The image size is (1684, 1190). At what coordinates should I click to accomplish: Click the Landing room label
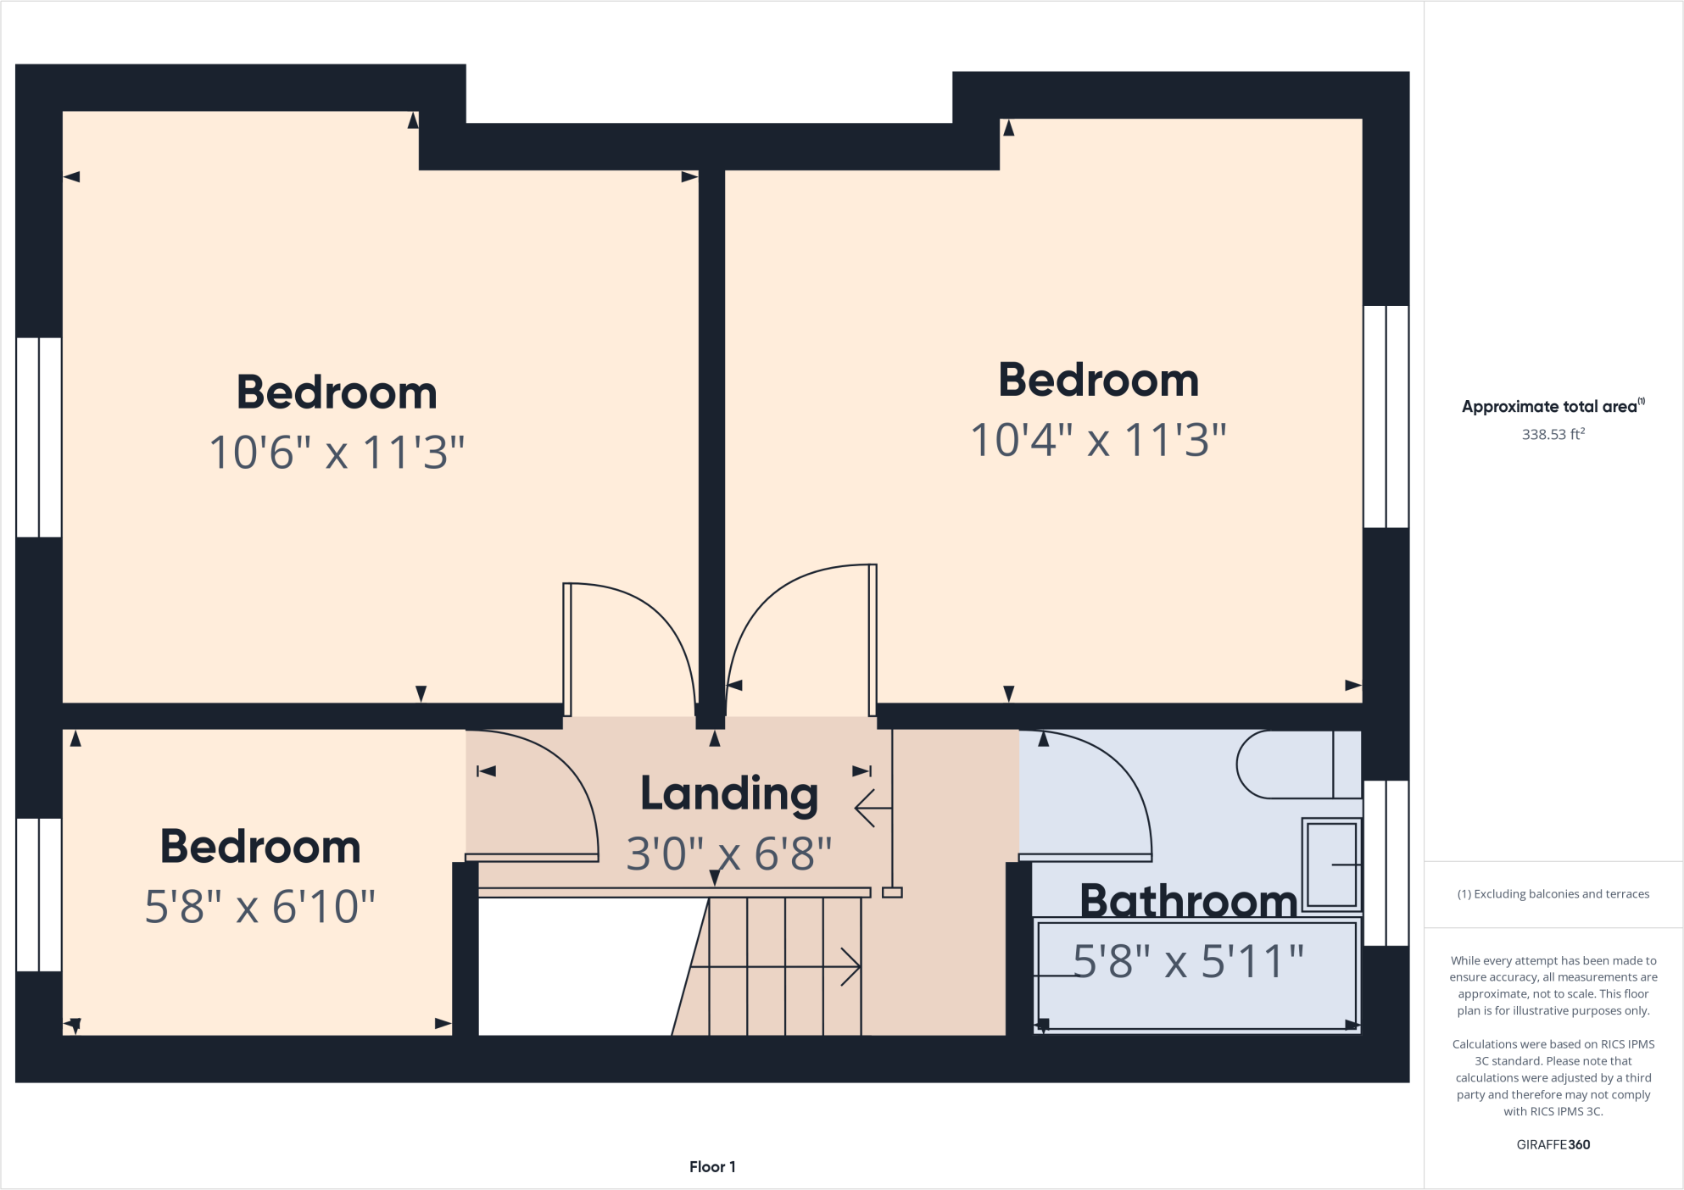(x=729, y=794)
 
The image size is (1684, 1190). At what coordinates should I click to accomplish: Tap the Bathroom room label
(x=1188, y=900)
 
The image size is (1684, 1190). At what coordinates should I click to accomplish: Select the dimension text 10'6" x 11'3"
(x=337, y=452)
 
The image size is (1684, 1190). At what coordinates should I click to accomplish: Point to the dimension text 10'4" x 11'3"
(x=1098, y=440)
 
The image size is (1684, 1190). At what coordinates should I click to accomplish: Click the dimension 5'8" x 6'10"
(x=259, y=906)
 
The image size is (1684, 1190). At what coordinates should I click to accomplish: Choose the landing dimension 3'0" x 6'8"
(x=729, y=854)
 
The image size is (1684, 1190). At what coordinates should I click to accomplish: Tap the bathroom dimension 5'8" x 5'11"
(x=1188, y=961)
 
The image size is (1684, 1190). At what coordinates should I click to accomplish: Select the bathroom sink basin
(x=1332, y=865)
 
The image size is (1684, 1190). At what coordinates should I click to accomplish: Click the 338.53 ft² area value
(x=1553, y=434)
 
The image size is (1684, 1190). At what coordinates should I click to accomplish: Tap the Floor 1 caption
(x=712, y=1166)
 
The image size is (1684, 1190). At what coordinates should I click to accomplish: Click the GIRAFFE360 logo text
(x=1553, y=1144)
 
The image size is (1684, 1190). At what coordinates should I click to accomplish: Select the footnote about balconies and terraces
(x=1553, y=893)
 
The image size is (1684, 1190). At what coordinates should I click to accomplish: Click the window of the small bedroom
(x=39, y=894)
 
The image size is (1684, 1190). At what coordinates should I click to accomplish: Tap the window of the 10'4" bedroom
(x=1386, y=416)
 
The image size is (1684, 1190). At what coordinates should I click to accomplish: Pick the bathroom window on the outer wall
(x=1386, y=863)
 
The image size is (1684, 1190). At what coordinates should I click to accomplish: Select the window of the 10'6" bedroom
(x=39, y=437)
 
